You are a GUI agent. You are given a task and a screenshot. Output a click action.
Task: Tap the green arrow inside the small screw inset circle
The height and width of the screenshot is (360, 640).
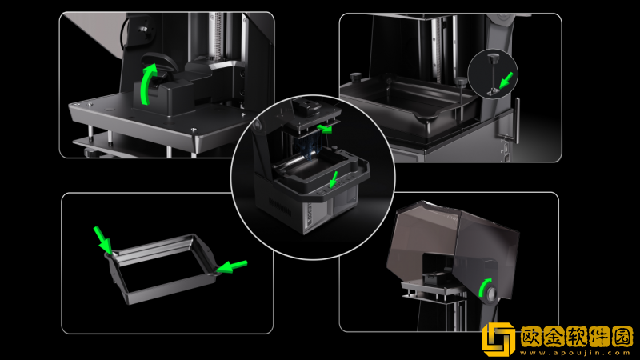[x=506, y=80]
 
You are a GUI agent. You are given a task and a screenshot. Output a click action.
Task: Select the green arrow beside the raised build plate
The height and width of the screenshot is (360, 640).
[x=325, y=129]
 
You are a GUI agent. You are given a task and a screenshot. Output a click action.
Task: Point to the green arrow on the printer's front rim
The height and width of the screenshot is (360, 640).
[x=334, y=179]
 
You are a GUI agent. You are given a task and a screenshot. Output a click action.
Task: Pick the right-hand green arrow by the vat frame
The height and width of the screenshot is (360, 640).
[x=232, y=266]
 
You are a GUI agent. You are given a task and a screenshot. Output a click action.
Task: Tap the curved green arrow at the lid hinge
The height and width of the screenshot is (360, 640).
[x=484, y=287]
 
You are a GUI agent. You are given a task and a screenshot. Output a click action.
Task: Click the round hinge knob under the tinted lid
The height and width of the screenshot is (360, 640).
[x=490, y=293]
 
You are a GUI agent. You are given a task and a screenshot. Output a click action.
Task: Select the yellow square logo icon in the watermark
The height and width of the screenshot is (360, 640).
[x=498, y=339]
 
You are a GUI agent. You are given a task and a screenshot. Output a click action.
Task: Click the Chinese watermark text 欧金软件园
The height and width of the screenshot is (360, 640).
[x=576, y=336]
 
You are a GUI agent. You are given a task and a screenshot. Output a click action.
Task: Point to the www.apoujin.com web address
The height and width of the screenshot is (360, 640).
[x=576, y=353]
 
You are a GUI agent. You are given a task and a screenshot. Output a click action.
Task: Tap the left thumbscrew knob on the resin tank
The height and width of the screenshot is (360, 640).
[x=356, y=77]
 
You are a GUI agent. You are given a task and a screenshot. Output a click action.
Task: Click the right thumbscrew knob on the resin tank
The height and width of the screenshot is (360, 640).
[x=461, y=82]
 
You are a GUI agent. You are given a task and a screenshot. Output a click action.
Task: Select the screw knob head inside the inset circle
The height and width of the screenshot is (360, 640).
[x=493, y=58]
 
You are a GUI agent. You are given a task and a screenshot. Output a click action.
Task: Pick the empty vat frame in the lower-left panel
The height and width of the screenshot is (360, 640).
[x=162, y=267]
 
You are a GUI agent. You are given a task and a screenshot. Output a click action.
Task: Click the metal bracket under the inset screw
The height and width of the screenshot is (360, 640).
[x=494, y=92]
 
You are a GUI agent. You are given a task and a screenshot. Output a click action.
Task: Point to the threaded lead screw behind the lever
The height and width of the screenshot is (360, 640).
[x=216, y=37]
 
